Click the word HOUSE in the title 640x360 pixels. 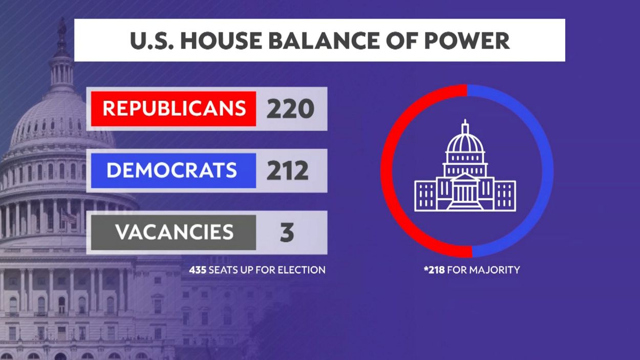[x=221, y=40]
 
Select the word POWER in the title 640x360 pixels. [x=467, y=40]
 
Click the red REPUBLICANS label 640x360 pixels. [x=174, y=109]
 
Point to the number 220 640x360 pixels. [x=290, y=109]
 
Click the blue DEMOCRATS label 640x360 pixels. [x=174, y=171]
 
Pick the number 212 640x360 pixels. [x=287, y=171]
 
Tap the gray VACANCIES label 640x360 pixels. [x=174, y=232]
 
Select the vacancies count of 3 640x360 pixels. [x=287, y=232]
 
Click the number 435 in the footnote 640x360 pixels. [x=198, y=270]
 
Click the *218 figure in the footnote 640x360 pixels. [x=434, y=270]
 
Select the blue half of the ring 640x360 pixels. [x=548, y=171]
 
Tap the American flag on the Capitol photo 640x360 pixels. [x=69, y=218]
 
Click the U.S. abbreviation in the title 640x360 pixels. [x=152, y=40]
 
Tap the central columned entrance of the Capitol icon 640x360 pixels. [x=465, y=192]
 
